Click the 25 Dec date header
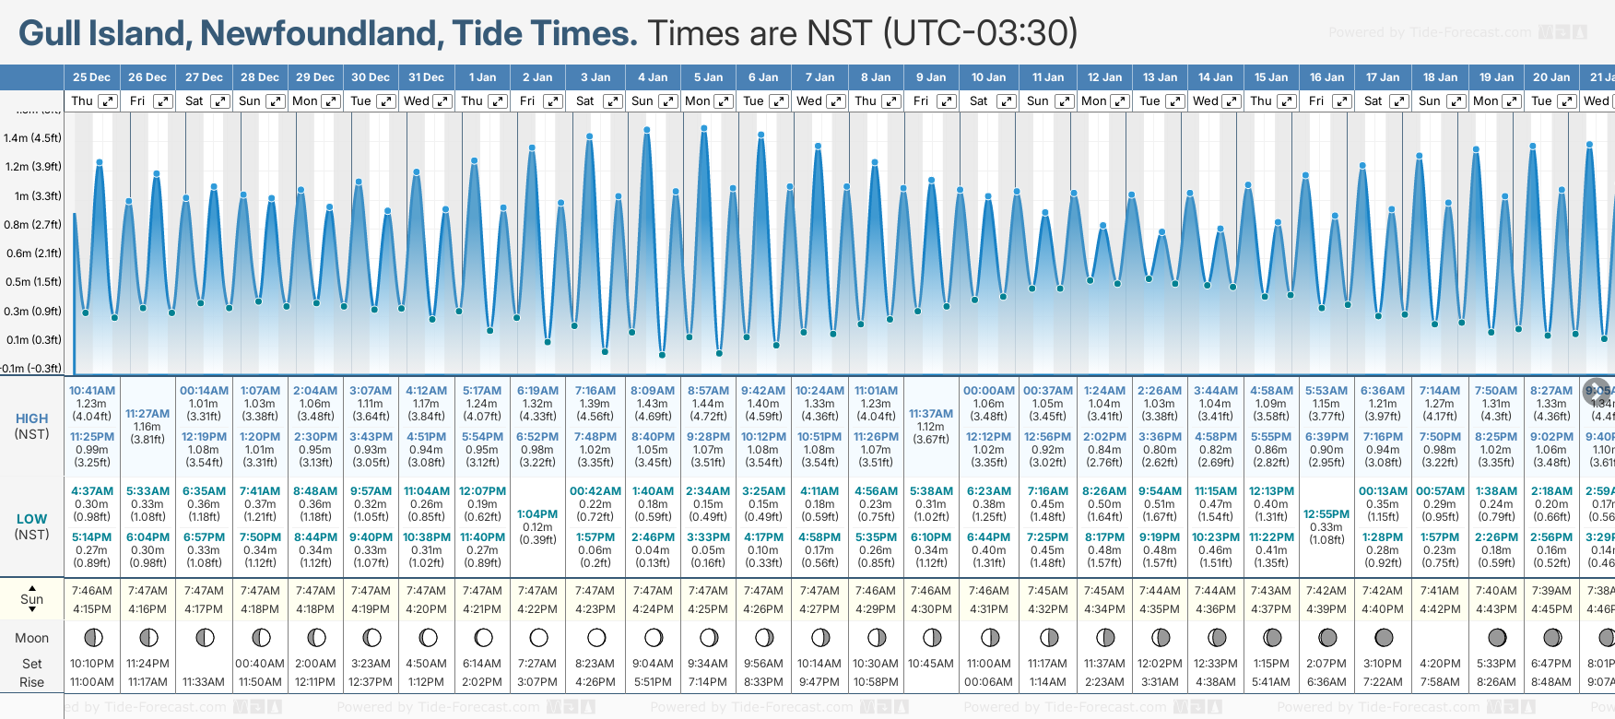[x=91, y=77]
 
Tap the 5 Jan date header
[x=709, y=77]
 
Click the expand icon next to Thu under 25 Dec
[x=108, y=101]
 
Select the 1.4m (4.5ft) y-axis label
[x=32, y=138]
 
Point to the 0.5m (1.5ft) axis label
[x=32, y=282]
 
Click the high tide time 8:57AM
[x=708, y=391]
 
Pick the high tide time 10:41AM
[x=92, y=391]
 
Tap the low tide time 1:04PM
[x=537, y=514]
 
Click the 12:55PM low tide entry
[x=1326, y=514]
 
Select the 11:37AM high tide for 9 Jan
[x=931, y=414]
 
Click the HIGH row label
[x=31, y=418]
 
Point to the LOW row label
[x=31, y=519]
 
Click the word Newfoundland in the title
[x=318, y=34]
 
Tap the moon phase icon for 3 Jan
[x=596, y=637]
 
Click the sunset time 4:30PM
[x=931, y=608]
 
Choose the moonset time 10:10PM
[x=92, y=664]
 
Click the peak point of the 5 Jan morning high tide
[x=704, y=129]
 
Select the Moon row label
[x=31, y=638]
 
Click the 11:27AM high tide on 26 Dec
[x=147, y=414]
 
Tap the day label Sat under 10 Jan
[x=979, y=101]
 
